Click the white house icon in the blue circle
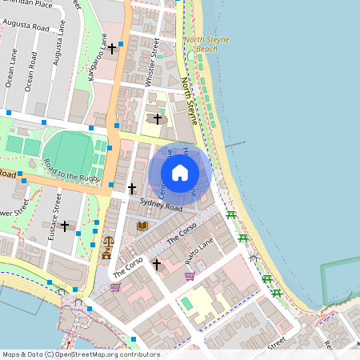[180, 172]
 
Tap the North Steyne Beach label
[200, 44]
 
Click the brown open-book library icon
[142, 227]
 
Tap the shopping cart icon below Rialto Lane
[190, 277]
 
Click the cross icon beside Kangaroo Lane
[113, 50]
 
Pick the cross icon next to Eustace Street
[65, 226]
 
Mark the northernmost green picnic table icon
[231, 215]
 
